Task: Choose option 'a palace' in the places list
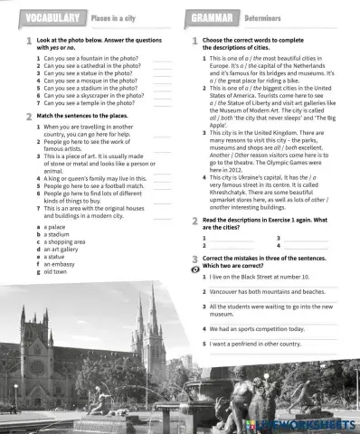click(x=56, y=226)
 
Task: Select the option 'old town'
click(x=57, y=270)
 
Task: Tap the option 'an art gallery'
click(x=62, y=249)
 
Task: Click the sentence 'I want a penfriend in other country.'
click(x=261, y=344)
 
